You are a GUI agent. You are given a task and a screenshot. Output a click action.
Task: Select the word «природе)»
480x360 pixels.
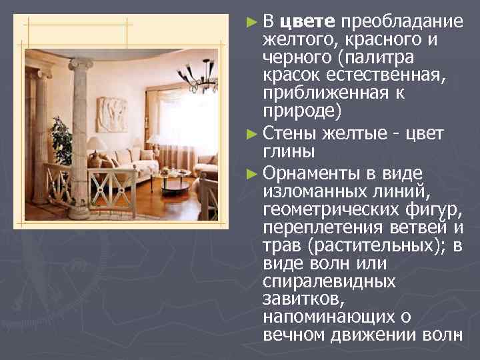click(301, 109)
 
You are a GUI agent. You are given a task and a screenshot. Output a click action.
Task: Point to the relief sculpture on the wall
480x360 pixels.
click(112, 114)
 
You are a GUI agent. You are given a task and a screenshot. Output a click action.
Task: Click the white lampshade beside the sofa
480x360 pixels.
click(97, 143)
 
